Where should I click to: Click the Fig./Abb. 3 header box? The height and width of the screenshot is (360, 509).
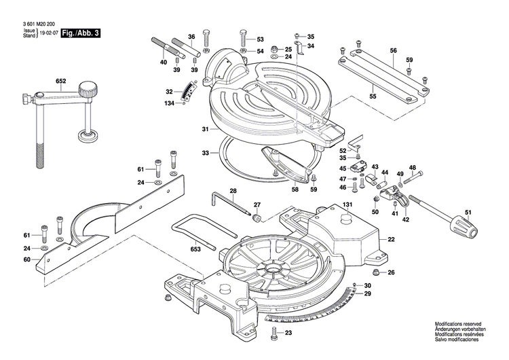click(79, 33)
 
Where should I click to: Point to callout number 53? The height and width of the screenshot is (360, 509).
click(260, 39)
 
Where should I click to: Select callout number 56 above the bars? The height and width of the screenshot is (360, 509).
click(393, 51)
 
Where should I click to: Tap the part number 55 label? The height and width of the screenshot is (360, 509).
click(373, 97)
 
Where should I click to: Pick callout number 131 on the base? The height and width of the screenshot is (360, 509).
click(347, 204)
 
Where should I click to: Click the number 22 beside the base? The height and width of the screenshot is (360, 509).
click(391, 239)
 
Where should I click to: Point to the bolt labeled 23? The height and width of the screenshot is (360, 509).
click(274, 333)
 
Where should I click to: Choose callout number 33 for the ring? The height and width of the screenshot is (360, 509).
click(206, 154)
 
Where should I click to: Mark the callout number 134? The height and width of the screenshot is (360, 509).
click(169, 103)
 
